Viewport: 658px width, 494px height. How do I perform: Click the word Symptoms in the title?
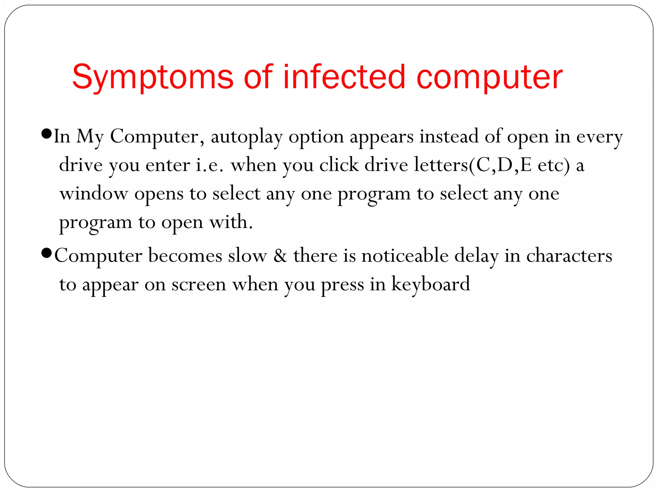pyautogui.click(x=152, y=77)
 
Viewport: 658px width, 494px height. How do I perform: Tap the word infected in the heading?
pyautogui.click(x=344, y=77)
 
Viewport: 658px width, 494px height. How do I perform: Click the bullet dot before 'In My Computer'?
pyautogui.click(x=47, y=133)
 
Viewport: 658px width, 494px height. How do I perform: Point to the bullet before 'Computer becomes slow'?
pyautogui.click(x=47, y=253)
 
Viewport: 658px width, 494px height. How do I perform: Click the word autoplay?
pyautogui.click(x=246, y=137)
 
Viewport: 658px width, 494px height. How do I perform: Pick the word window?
pyautogui.click(x=94, y=194)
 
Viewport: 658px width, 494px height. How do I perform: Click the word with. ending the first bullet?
pyautogui.click(x=231, y=222)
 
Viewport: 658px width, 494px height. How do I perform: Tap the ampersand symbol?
pyautogui.click(x=280, y=256)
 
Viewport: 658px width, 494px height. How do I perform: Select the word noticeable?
pyautogui.click(x=405, y=256)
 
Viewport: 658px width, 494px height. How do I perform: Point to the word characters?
pyautogui.click(x=569, y=256)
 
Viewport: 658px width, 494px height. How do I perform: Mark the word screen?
pyautogui.click(x=199, y=285)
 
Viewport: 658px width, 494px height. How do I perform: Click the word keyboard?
pyautogui.click(x=430, y=284)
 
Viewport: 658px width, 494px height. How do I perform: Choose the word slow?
pyautogui.click(x=247, y=256)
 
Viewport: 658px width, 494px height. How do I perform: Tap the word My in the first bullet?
pyautogui.click(x=90, y=137)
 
